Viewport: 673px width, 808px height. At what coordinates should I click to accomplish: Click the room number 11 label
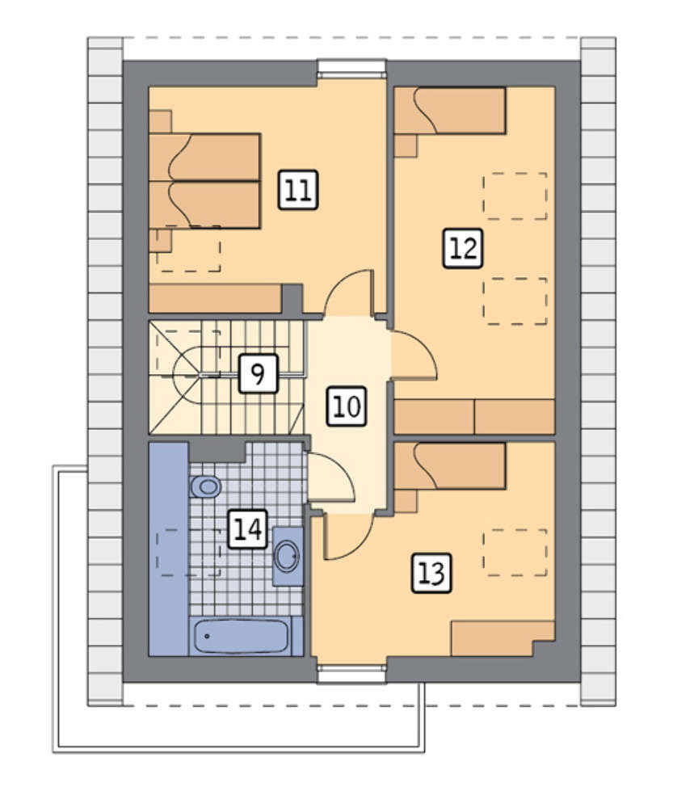tap(298, 190)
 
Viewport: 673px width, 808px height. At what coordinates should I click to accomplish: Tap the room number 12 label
tap(463, 248)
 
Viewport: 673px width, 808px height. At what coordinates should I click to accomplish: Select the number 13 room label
tap(431, 573)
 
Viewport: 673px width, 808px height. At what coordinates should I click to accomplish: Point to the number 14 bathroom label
tap(248, 529)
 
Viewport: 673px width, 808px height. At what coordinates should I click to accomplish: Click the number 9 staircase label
tap(259, 373)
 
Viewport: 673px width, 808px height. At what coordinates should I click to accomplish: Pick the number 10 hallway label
tap(347, 406)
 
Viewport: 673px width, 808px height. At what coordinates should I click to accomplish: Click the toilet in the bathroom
tap(205, 486)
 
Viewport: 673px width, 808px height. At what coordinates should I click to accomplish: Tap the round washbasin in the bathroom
tap(287, 557)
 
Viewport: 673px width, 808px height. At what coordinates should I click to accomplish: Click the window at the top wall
tap(351, 68)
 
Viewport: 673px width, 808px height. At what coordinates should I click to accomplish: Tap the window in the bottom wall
tap(351, 674)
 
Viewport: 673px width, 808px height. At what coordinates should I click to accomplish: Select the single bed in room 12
tap(450, 111)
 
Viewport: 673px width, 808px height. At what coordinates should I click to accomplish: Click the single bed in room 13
tap(450, 466)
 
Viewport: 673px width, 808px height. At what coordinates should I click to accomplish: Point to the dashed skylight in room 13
tap(515, 552)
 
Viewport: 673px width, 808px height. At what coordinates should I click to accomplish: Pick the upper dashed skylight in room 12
tap(515, 196)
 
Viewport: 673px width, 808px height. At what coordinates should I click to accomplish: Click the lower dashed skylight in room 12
tap(515, 301)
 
